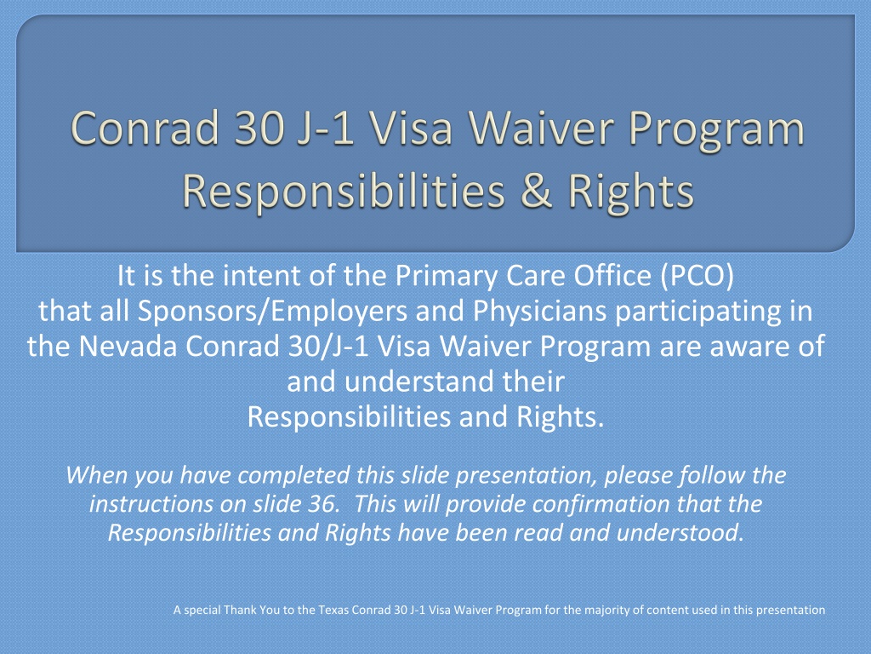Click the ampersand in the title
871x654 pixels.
pyautogui.click(x=537, y=191)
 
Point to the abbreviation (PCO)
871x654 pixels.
pyautogui.click(x=697, y=276)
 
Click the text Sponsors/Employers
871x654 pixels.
pyautogui.click(x=273, y=312)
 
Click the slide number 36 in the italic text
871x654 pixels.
pyautogui.click(x=322, y=504)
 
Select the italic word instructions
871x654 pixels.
pyautogui.click(x=151, y=504)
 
